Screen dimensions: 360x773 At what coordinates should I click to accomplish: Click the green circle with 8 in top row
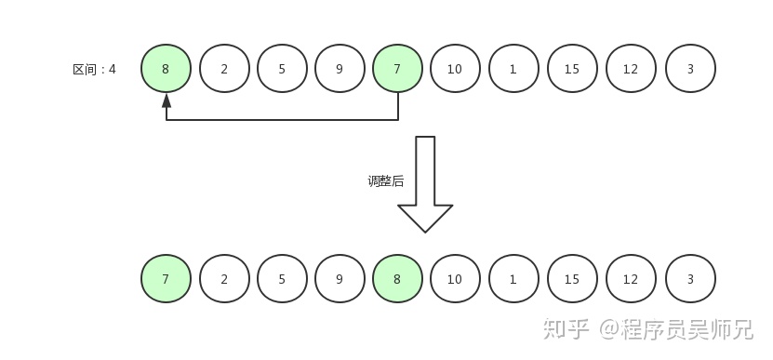167,69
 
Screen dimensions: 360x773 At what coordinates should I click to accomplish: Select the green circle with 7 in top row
397,69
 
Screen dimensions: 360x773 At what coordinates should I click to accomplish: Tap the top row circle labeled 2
224,69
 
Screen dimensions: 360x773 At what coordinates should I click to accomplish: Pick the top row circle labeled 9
340,69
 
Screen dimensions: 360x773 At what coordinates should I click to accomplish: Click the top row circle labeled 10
455,69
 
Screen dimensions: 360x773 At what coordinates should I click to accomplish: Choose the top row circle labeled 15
572,69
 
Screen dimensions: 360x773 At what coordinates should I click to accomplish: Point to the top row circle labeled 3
690,69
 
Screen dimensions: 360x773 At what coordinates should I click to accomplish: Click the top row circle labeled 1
513,69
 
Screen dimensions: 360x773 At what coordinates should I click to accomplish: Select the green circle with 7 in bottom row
167,279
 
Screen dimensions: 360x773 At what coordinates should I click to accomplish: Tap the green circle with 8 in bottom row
397,279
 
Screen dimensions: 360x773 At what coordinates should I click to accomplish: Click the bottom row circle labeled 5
282,279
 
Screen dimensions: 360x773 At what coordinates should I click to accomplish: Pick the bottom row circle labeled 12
631,279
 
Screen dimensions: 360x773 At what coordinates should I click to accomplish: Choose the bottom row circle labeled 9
340,279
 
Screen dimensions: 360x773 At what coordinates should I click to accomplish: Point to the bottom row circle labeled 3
690,279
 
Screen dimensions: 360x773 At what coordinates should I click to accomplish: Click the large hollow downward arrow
425,186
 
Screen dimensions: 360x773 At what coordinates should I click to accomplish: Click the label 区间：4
94,69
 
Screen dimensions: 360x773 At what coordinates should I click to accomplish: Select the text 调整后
386,181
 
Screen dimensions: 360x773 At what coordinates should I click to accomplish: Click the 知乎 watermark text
566,328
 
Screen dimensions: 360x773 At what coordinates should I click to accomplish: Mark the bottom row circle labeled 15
572,279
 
